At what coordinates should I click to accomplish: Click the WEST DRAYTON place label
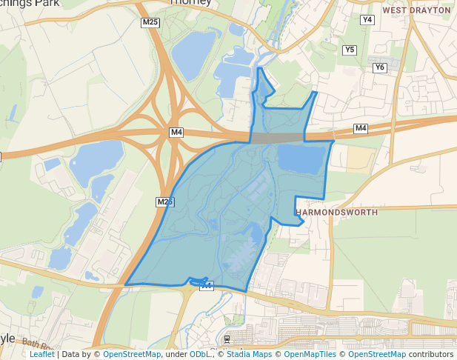coord(416,10)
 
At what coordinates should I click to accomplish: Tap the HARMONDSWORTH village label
coord(336,212)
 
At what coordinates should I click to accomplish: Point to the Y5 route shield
coord(350,50)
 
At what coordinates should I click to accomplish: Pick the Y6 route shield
coord(380,67)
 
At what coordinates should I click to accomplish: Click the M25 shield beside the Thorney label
coord(150,22)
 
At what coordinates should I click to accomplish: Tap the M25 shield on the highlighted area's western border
coord(165,201)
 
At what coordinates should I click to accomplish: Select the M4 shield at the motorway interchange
coord(176,133)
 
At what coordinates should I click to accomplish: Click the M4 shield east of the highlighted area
coord(361,129)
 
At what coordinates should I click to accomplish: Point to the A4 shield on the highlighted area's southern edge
coord(206,285)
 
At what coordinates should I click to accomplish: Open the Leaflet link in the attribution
coord(41,354)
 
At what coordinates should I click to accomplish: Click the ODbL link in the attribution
coord(200,354)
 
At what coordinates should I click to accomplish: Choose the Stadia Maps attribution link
coord(248,354)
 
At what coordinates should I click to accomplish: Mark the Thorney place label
coord(191,2)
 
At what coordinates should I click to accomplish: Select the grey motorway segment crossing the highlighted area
coord(278,138)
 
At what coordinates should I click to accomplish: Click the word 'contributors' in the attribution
coord(431,354)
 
